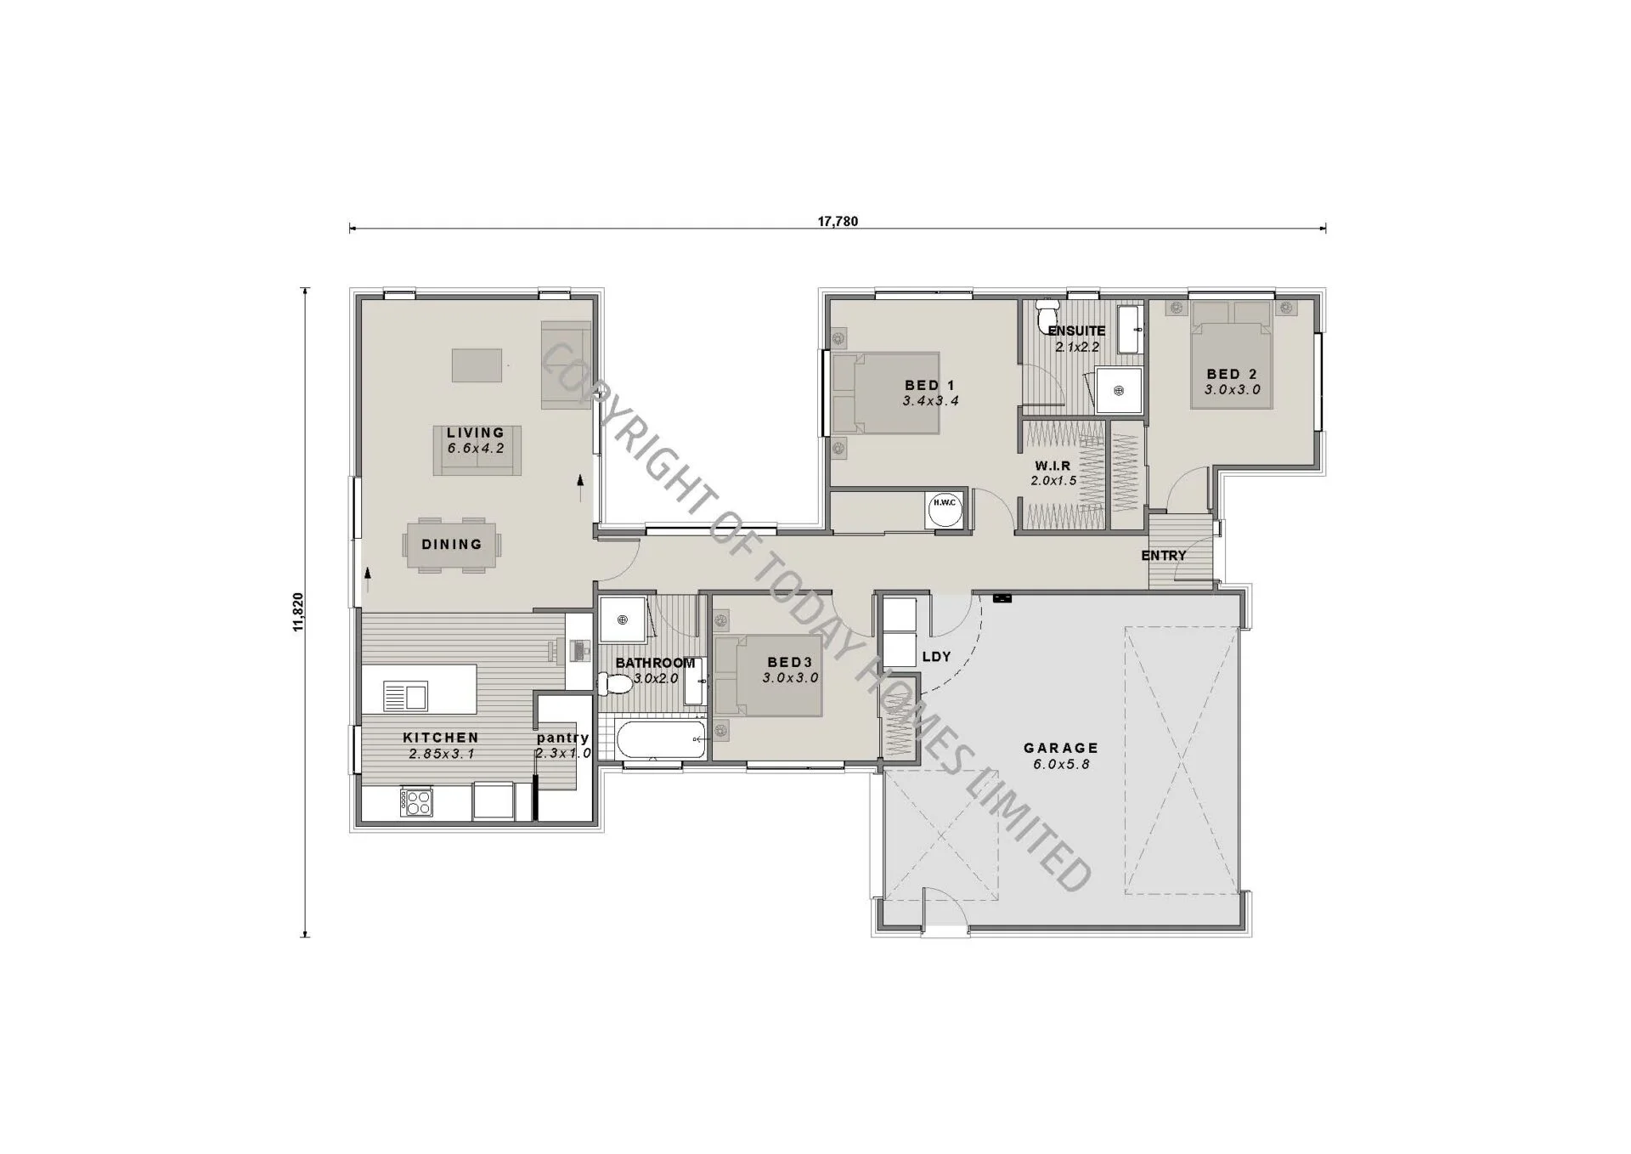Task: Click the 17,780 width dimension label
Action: (x=838, y=222)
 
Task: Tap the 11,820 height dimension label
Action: (x=297, y=612)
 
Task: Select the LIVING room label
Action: (x=476, y=433)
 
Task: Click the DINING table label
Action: (x=452, y=544)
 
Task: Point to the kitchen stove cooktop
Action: (x=416, y=803)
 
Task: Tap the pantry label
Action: (x=562, y=738)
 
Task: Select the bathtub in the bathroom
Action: (x=660, y=740)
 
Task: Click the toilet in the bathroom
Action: (x=613, y=682)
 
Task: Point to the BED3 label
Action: (x=789, y=662)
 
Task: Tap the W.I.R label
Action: (x=1053, y=466)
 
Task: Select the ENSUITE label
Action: (x=1076, y=331)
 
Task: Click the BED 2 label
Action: (x=1232, y=374)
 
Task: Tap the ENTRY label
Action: (x=1164, y=556)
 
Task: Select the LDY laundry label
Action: (x=936, y=657)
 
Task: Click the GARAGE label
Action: (x=1061, y=748)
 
